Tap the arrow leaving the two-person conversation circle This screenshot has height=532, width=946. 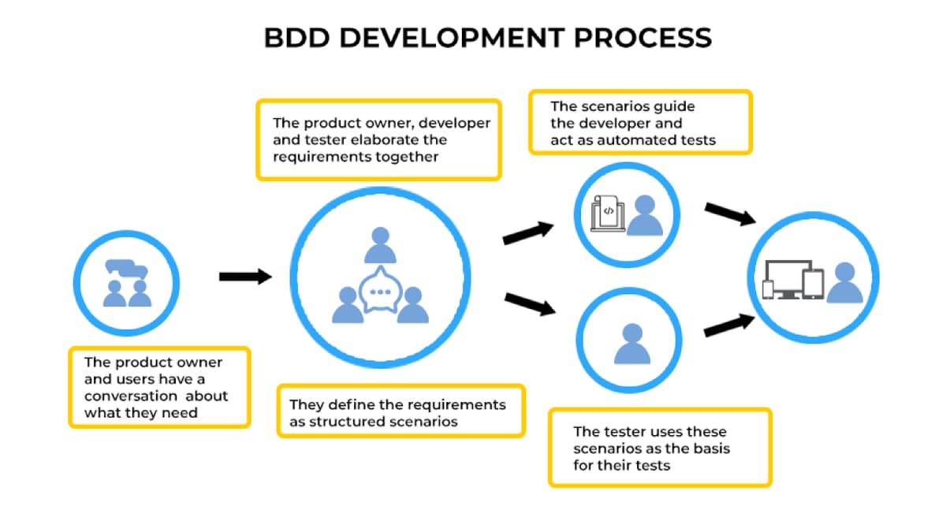pos(244,276)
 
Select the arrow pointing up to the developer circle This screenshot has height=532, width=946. pos(528,232)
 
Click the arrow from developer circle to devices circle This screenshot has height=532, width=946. pos(730,214)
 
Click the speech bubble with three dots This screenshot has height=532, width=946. pos(381,290)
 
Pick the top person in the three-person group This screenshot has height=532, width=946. pos(380,245)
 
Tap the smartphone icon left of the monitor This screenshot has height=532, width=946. pos(768,288)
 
